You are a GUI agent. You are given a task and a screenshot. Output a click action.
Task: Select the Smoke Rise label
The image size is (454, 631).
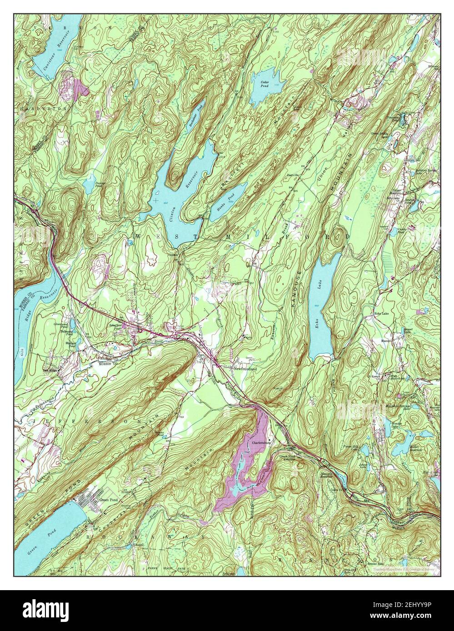(374, 563)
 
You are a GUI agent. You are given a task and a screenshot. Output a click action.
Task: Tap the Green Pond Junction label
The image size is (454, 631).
(287, 457)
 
